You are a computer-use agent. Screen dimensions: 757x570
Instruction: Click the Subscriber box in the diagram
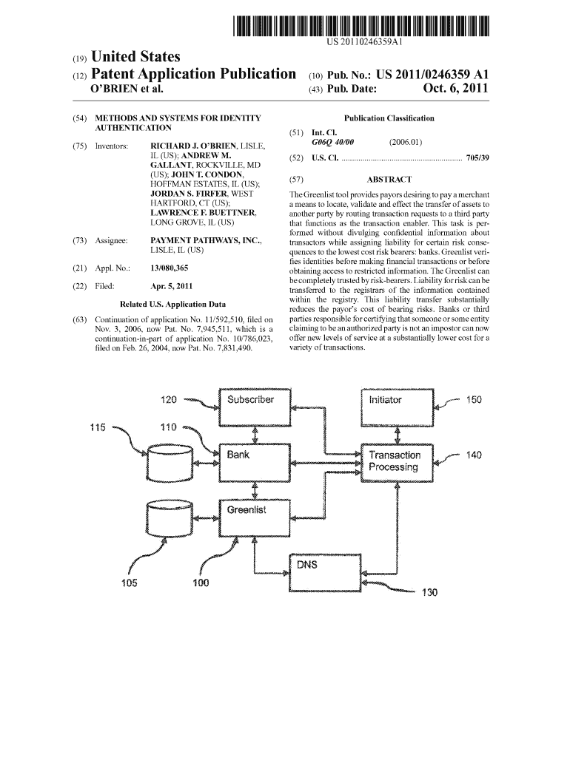[256, 406]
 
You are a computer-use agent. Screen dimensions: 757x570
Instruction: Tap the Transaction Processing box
[398, 462]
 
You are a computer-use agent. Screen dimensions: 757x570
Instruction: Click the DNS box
[327, 572]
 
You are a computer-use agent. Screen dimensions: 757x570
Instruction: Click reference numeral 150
[473, 400]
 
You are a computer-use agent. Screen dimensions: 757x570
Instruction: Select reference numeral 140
[473, 455]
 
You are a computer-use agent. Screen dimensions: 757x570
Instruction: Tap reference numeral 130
[430, 592]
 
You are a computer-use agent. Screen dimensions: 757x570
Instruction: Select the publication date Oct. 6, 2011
[456, 89]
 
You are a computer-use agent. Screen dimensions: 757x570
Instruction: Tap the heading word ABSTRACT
[389, 179]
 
